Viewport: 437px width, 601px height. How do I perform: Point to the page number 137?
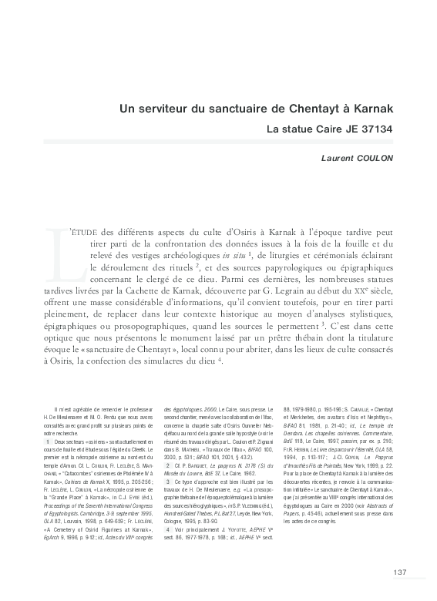click(399, 571)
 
